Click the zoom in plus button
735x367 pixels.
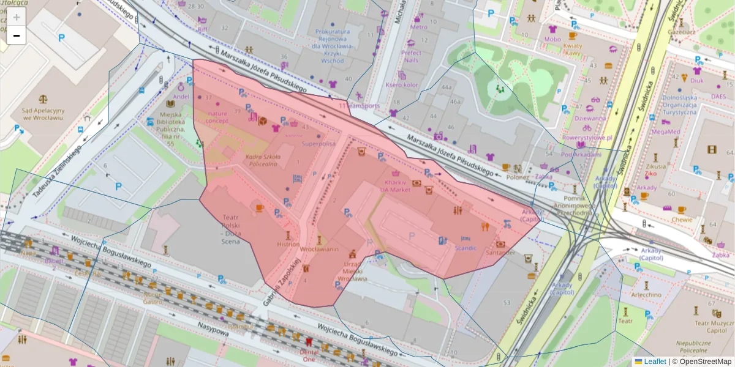tap(17, 17)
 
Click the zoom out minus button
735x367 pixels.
tap(17, 35)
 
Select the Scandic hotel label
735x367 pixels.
tap(466, 248)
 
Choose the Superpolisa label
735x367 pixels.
tap(318, 144)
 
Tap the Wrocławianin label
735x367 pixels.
tap(318, 250)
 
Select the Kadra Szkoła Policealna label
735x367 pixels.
tap(263, 161)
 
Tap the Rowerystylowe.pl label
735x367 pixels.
tap(587, 138)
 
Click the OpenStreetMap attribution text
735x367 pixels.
tap(701, 361)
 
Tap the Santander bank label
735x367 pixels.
tap(500, 252)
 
